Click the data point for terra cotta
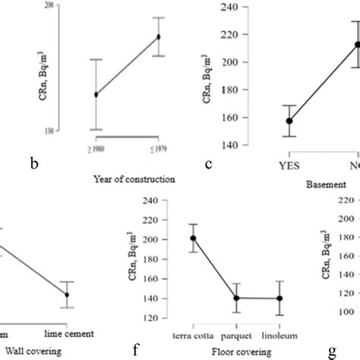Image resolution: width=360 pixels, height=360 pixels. [x=193, y=238]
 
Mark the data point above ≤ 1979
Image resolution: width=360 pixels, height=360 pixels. [x=159, y=36]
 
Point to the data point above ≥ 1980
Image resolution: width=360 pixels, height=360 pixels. [x=96, y=94]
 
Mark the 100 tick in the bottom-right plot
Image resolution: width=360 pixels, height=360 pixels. [x=346, y=311]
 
